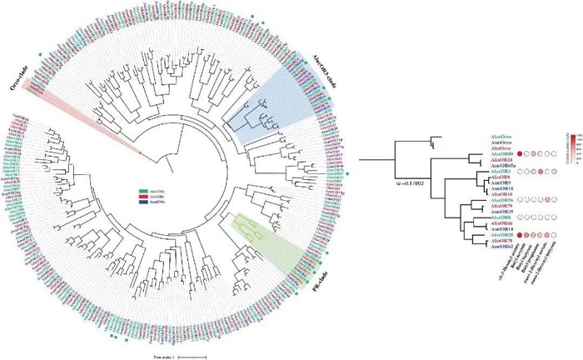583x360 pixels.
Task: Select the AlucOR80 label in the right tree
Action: (501, 154)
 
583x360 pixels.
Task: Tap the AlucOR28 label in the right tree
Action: (501, 235)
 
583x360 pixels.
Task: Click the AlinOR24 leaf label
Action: (501, 161)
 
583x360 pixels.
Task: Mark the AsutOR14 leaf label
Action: (501, 228)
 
